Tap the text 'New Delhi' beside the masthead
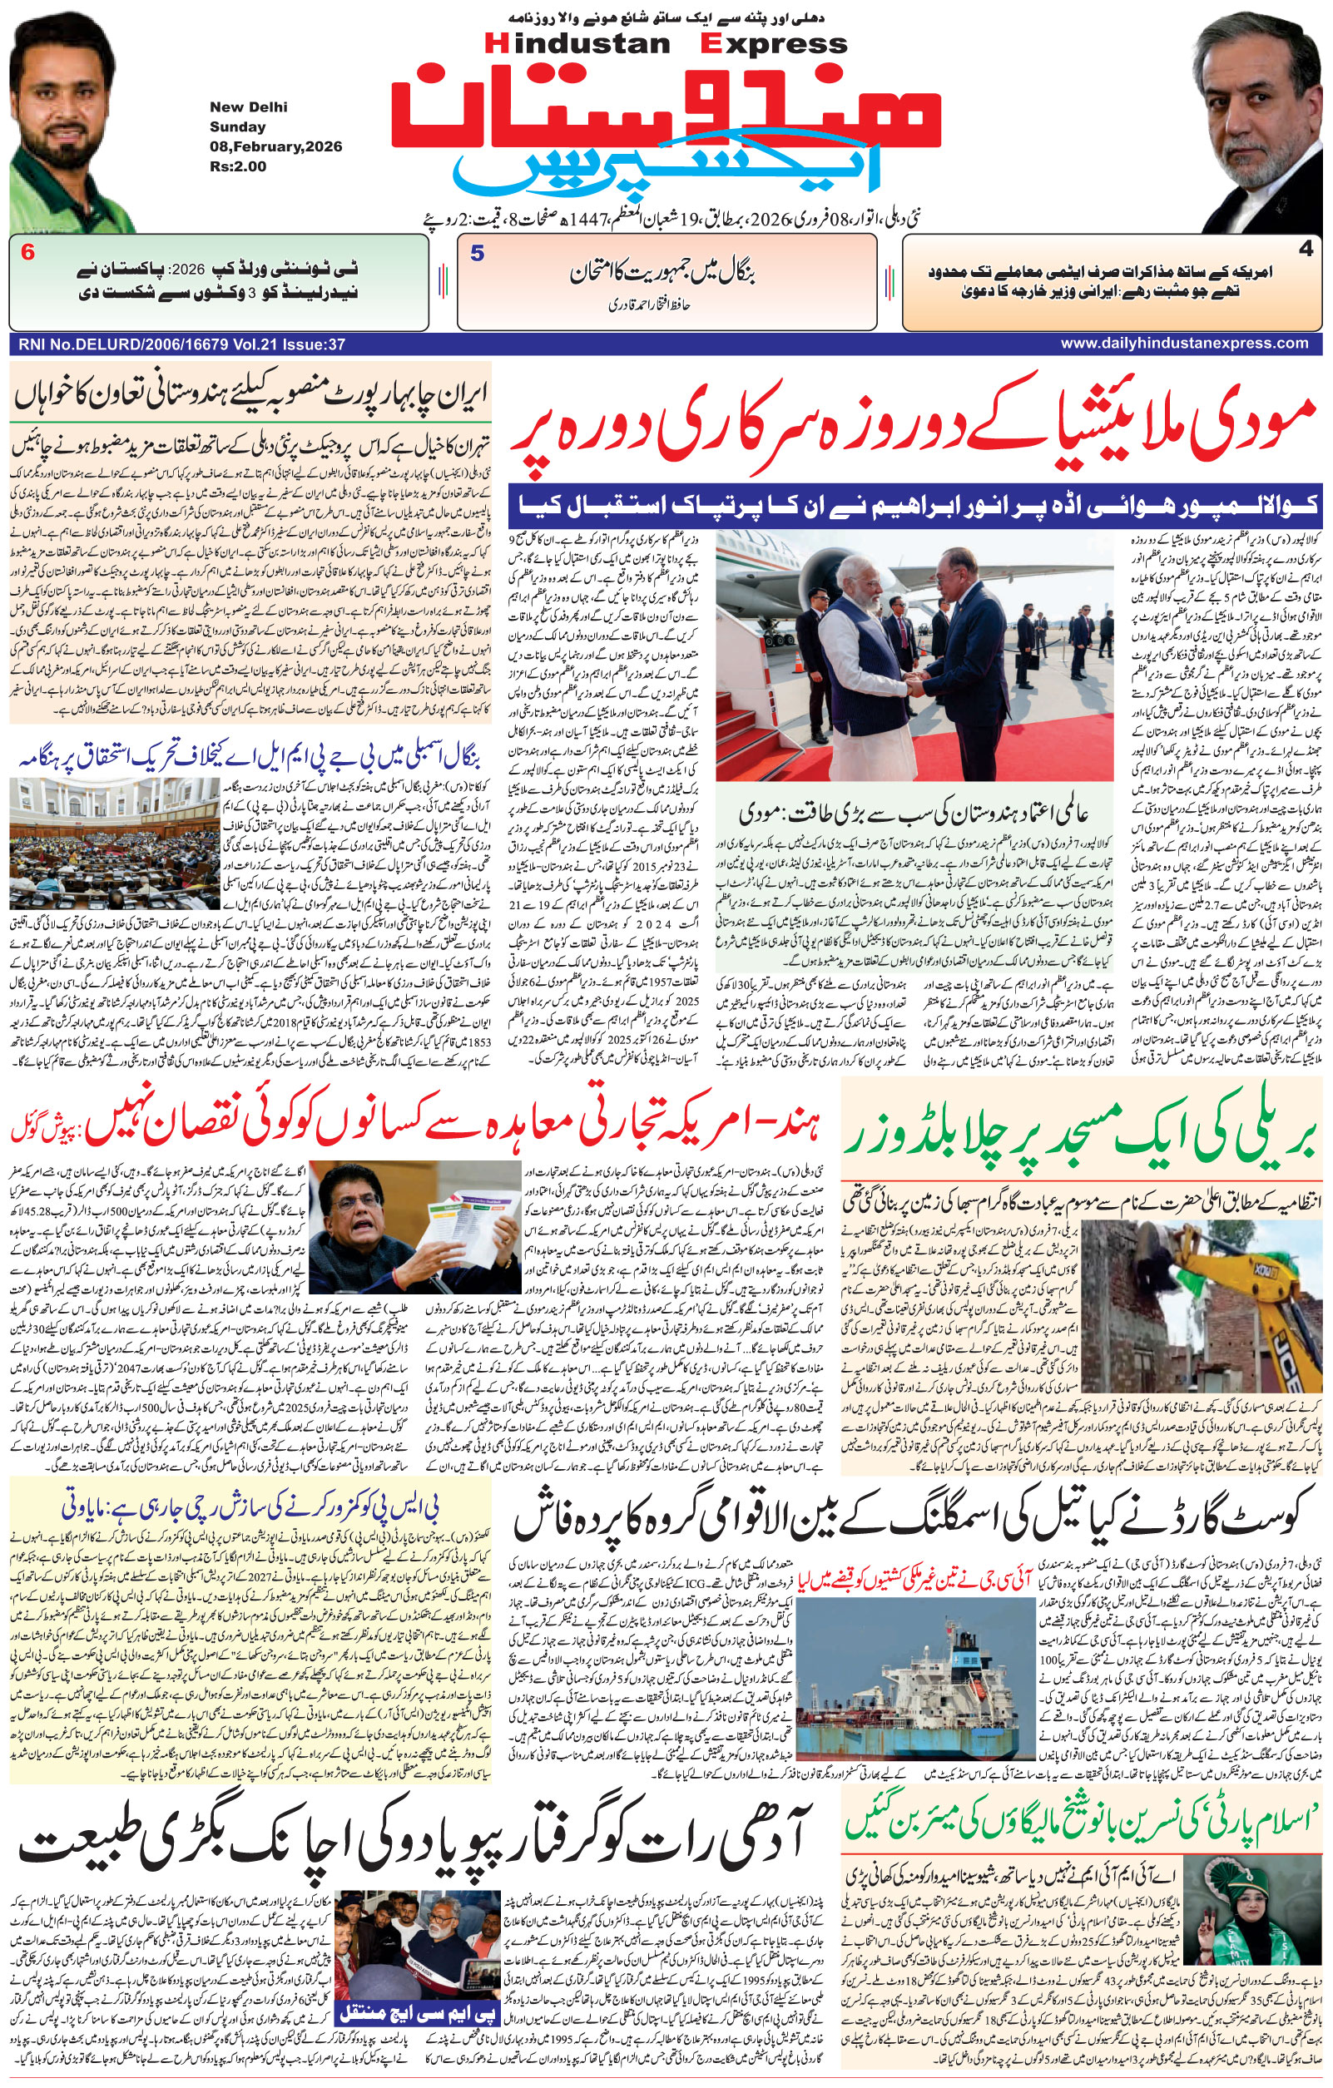pos(248,107)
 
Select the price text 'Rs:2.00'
pos(238,166)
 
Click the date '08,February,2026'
pos(275,146)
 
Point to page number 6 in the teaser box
pos(27,253)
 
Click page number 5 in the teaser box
pos(477,254)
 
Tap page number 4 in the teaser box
pos(1306,250)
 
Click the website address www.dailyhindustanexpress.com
pos(1184,344)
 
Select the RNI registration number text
pos(181,344)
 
